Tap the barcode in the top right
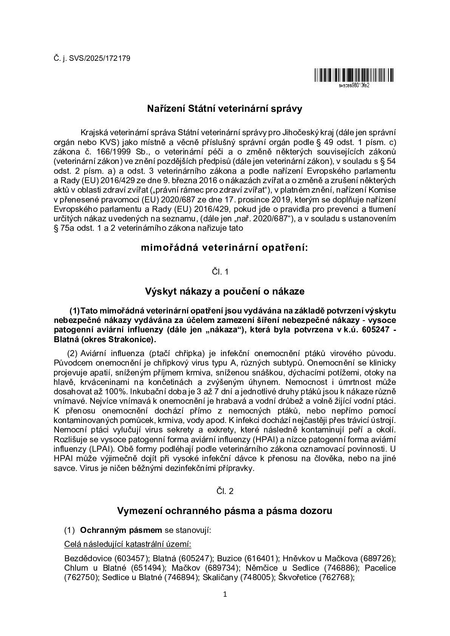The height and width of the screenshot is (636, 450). click(x=353, y=76)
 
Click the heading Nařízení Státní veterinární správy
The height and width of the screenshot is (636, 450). click(x=225, y=109)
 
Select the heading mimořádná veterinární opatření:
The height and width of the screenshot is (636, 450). click(x=225, y=248)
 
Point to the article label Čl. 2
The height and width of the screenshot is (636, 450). click(x=225, y=491)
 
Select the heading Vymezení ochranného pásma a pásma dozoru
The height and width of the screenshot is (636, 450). click(x=225, y=511)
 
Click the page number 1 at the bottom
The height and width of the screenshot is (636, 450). click(x=225, y=594)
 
